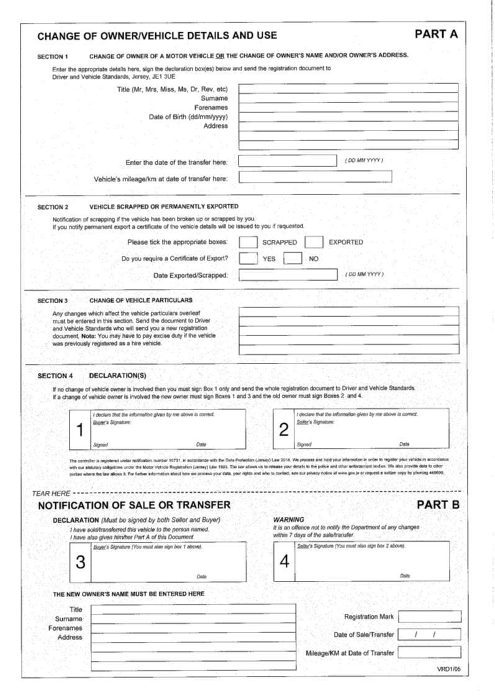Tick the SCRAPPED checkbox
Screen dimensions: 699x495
(248, 242)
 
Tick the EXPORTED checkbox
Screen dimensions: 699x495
(314, 242)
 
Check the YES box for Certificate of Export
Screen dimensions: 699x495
(248, 258)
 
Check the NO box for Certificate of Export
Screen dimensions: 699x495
(293, 258)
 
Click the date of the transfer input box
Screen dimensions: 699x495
(288, 162)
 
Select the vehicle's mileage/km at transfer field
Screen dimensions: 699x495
(315, 178)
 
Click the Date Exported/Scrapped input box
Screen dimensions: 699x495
(288, 275)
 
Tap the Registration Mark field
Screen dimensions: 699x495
(429, 617)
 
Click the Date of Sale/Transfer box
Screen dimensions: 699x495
(429, 634)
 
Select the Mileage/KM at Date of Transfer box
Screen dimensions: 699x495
(429, 652)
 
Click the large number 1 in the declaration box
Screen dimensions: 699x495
(79, 430)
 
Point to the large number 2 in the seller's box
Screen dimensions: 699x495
(284, 430)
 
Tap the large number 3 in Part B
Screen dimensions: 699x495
(80, 562)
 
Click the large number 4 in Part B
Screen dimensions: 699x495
(284, 562)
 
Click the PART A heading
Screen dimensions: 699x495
(435, 34)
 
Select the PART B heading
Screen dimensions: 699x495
(437, 505)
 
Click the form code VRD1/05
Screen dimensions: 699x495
(448, 669)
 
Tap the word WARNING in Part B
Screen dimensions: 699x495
(289, 519)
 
